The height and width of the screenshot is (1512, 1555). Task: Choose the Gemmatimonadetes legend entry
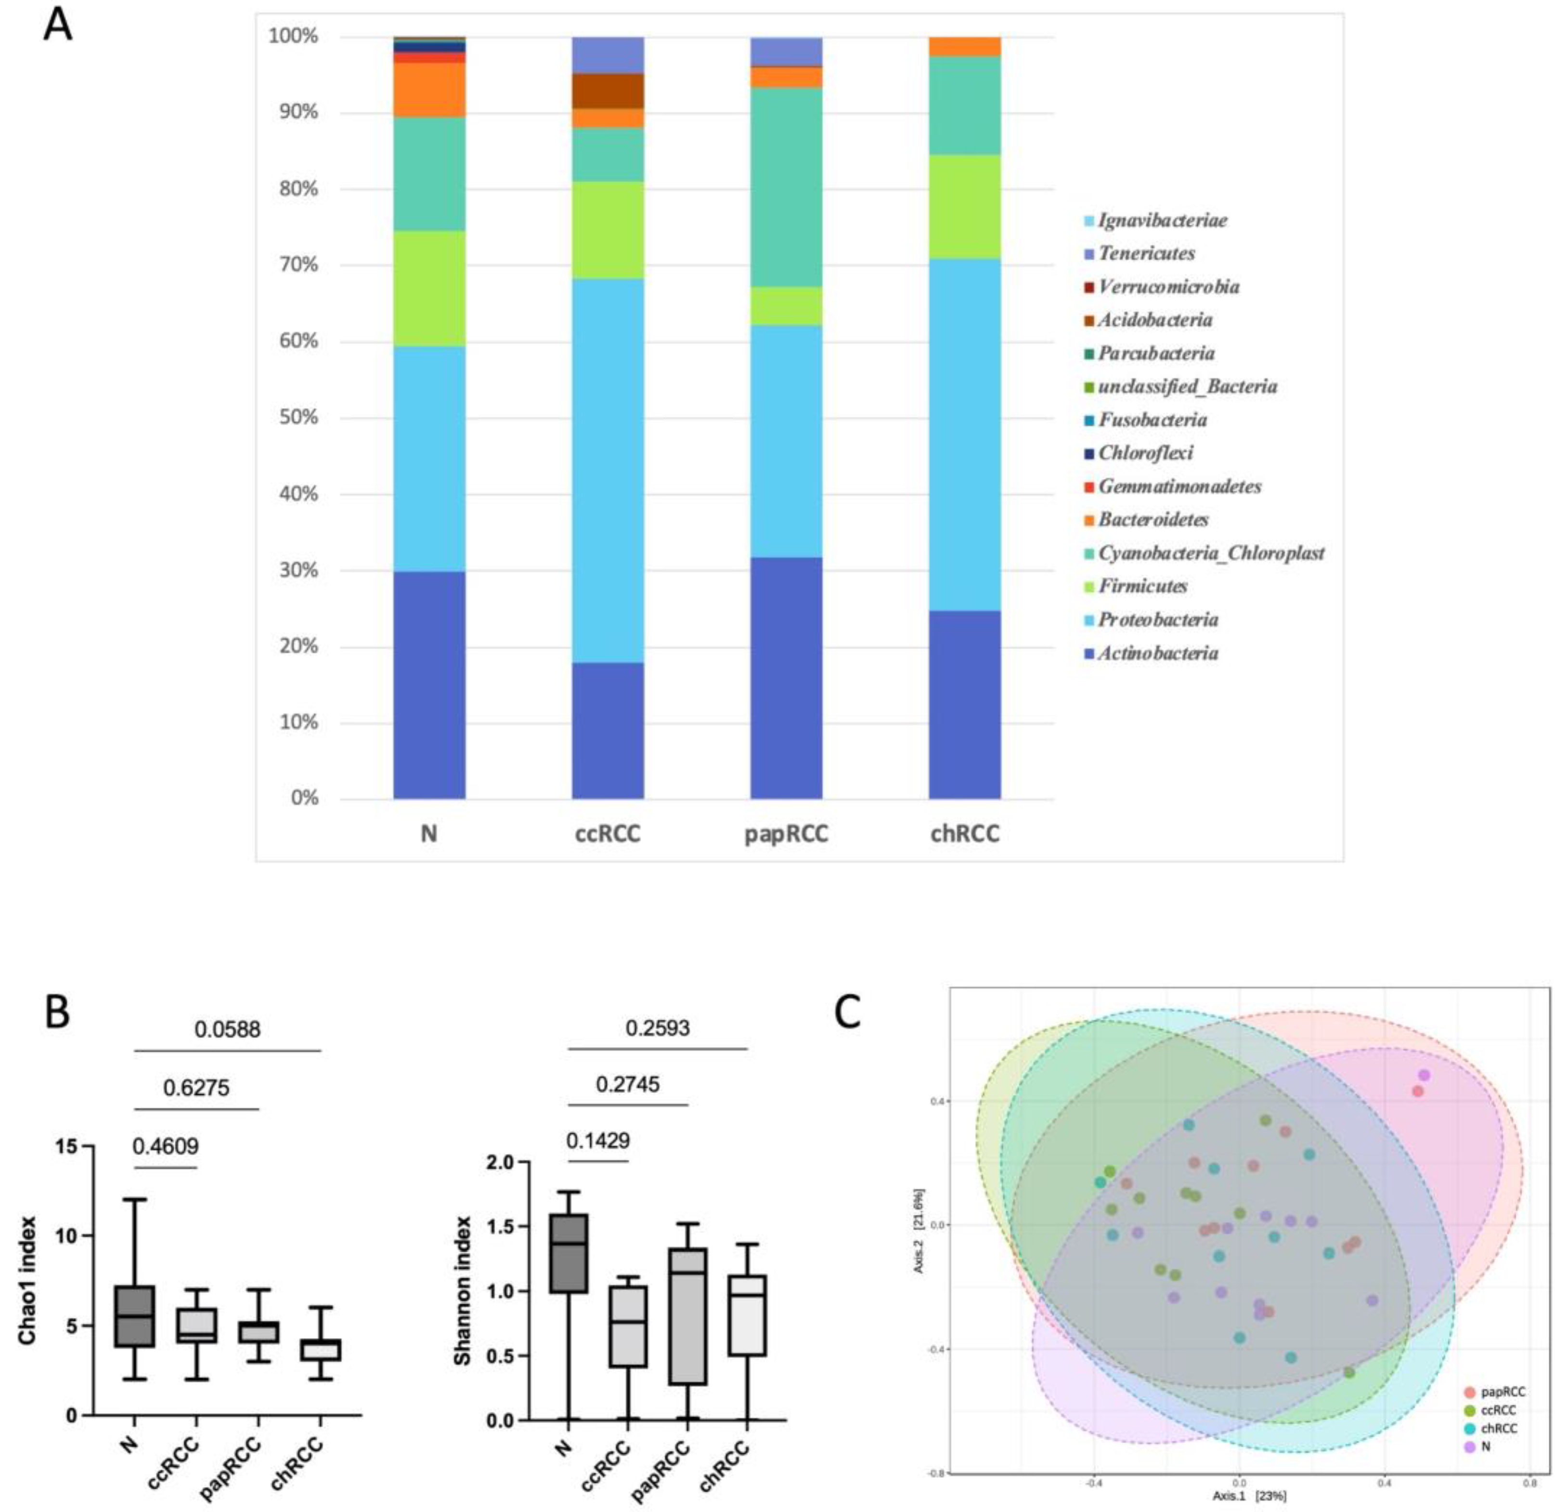pyautogui.click(x=1179, y=486)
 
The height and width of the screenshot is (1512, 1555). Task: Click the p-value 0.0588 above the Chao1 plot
pyautogui.click(x=228, y=1029)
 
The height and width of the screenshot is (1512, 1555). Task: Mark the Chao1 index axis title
pyautogui.click(x=28, y=1278)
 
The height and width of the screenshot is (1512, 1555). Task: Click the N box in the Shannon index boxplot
pyautogui.click(x=569, y=1253)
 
